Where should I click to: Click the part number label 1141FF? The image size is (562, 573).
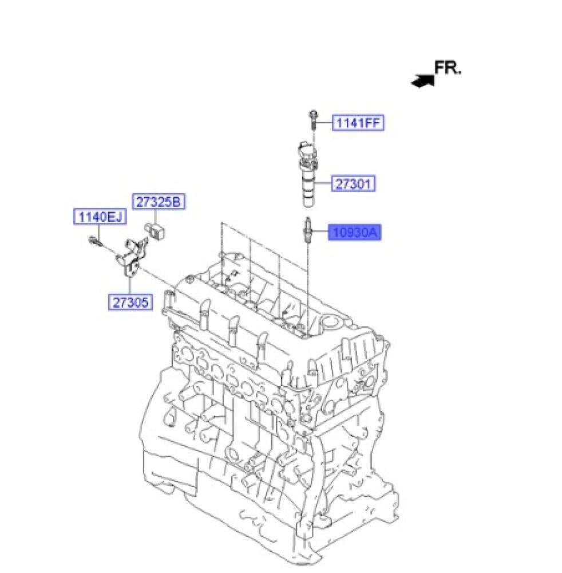click(358, 123)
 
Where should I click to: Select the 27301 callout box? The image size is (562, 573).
click(353, 183)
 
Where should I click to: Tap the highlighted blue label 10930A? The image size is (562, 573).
click(355, 232)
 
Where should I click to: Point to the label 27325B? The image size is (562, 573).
click(159, 201)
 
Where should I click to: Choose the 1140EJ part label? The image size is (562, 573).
click(100, 217)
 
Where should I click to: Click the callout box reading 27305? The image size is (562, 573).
click(130, 302)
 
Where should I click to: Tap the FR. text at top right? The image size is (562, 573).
click(448, 68)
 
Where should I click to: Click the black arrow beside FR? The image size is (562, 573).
click(423, 81)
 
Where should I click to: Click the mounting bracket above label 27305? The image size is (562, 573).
click(132, 257)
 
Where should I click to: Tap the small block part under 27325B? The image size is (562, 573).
click(156, 230)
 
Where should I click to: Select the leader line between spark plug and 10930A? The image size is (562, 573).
click(320, 231)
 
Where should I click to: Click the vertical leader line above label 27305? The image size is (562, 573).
click(130, 286)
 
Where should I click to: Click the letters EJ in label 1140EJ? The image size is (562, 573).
click(116, 217)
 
